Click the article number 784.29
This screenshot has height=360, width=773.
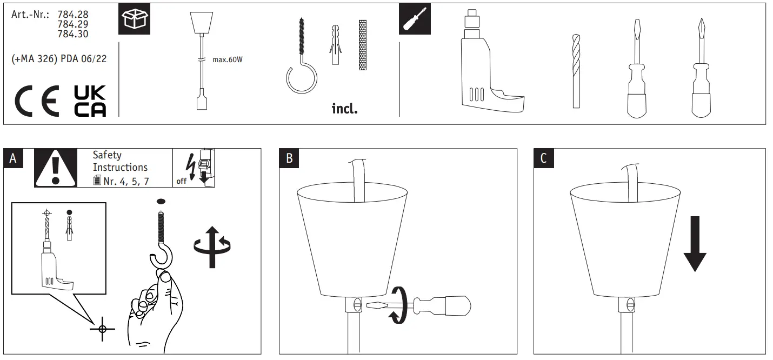click(x=72, y=24)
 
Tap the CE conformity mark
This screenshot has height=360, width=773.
click(x=37, y=101)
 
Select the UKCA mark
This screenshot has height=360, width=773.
click(x=90, y=101)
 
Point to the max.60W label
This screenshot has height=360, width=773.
click(x=228, y=60)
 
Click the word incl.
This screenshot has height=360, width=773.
click(x=344, y=109)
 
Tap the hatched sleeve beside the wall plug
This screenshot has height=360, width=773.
click(x=362, y=45)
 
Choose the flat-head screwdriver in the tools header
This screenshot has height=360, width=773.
click(x=636, y=70)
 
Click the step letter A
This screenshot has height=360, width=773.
click(x=14, y=158)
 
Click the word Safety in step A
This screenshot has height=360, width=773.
click(x=107, y=156)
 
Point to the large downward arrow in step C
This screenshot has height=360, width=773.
click(x=695, y=244)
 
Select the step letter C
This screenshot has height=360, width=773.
click(x=543, y=158)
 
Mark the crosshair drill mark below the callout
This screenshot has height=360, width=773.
click(x=102, y=328)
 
